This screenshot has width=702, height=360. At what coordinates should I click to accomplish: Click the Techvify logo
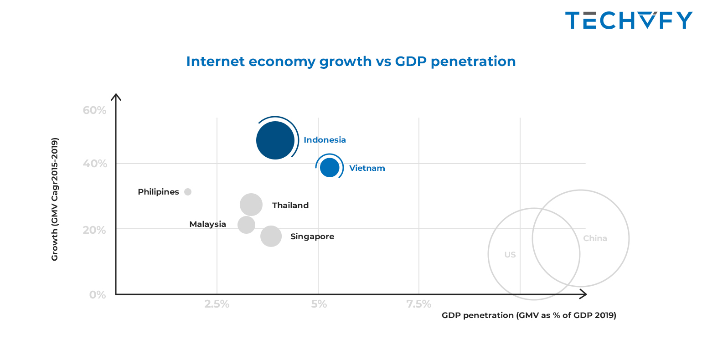[629, 21]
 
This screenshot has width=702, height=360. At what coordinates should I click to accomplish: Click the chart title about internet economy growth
[351, 61]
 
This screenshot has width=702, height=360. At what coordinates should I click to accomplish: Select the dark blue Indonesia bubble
[275, 140]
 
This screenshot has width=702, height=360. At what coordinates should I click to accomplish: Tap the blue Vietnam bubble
[330, 168]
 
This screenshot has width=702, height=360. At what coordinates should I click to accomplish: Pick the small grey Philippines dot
[188, 192]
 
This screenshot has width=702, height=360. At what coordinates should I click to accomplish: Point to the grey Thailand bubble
[251, 205]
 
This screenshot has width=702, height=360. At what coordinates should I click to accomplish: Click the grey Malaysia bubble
[246, 224]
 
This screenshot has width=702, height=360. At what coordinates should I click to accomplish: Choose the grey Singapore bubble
[271, 236]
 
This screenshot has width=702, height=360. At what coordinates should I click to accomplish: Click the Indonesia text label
[325, 140]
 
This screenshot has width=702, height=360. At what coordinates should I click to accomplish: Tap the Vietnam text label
[367, 168]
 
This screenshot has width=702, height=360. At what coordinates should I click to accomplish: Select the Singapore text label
[312, 237]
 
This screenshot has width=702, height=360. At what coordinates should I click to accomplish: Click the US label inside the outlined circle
[510, 255]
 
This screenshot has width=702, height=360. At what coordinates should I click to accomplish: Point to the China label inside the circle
[595, 238]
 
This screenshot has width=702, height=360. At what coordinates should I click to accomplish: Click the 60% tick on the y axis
[94, 110]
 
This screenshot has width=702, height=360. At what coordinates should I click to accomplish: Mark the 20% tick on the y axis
[94, 230]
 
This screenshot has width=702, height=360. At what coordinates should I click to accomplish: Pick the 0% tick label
[98, 295]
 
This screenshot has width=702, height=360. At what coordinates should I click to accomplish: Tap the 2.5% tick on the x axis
[217, 304]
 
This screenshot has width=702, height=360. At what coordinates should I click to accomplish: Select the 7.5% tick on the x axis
[419, 304]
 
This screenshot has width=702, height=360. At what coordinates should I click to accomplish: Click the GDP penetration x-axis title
[529, 315]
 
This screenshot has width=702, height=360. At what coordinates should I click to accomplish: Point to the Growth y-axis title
[55, 199]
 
